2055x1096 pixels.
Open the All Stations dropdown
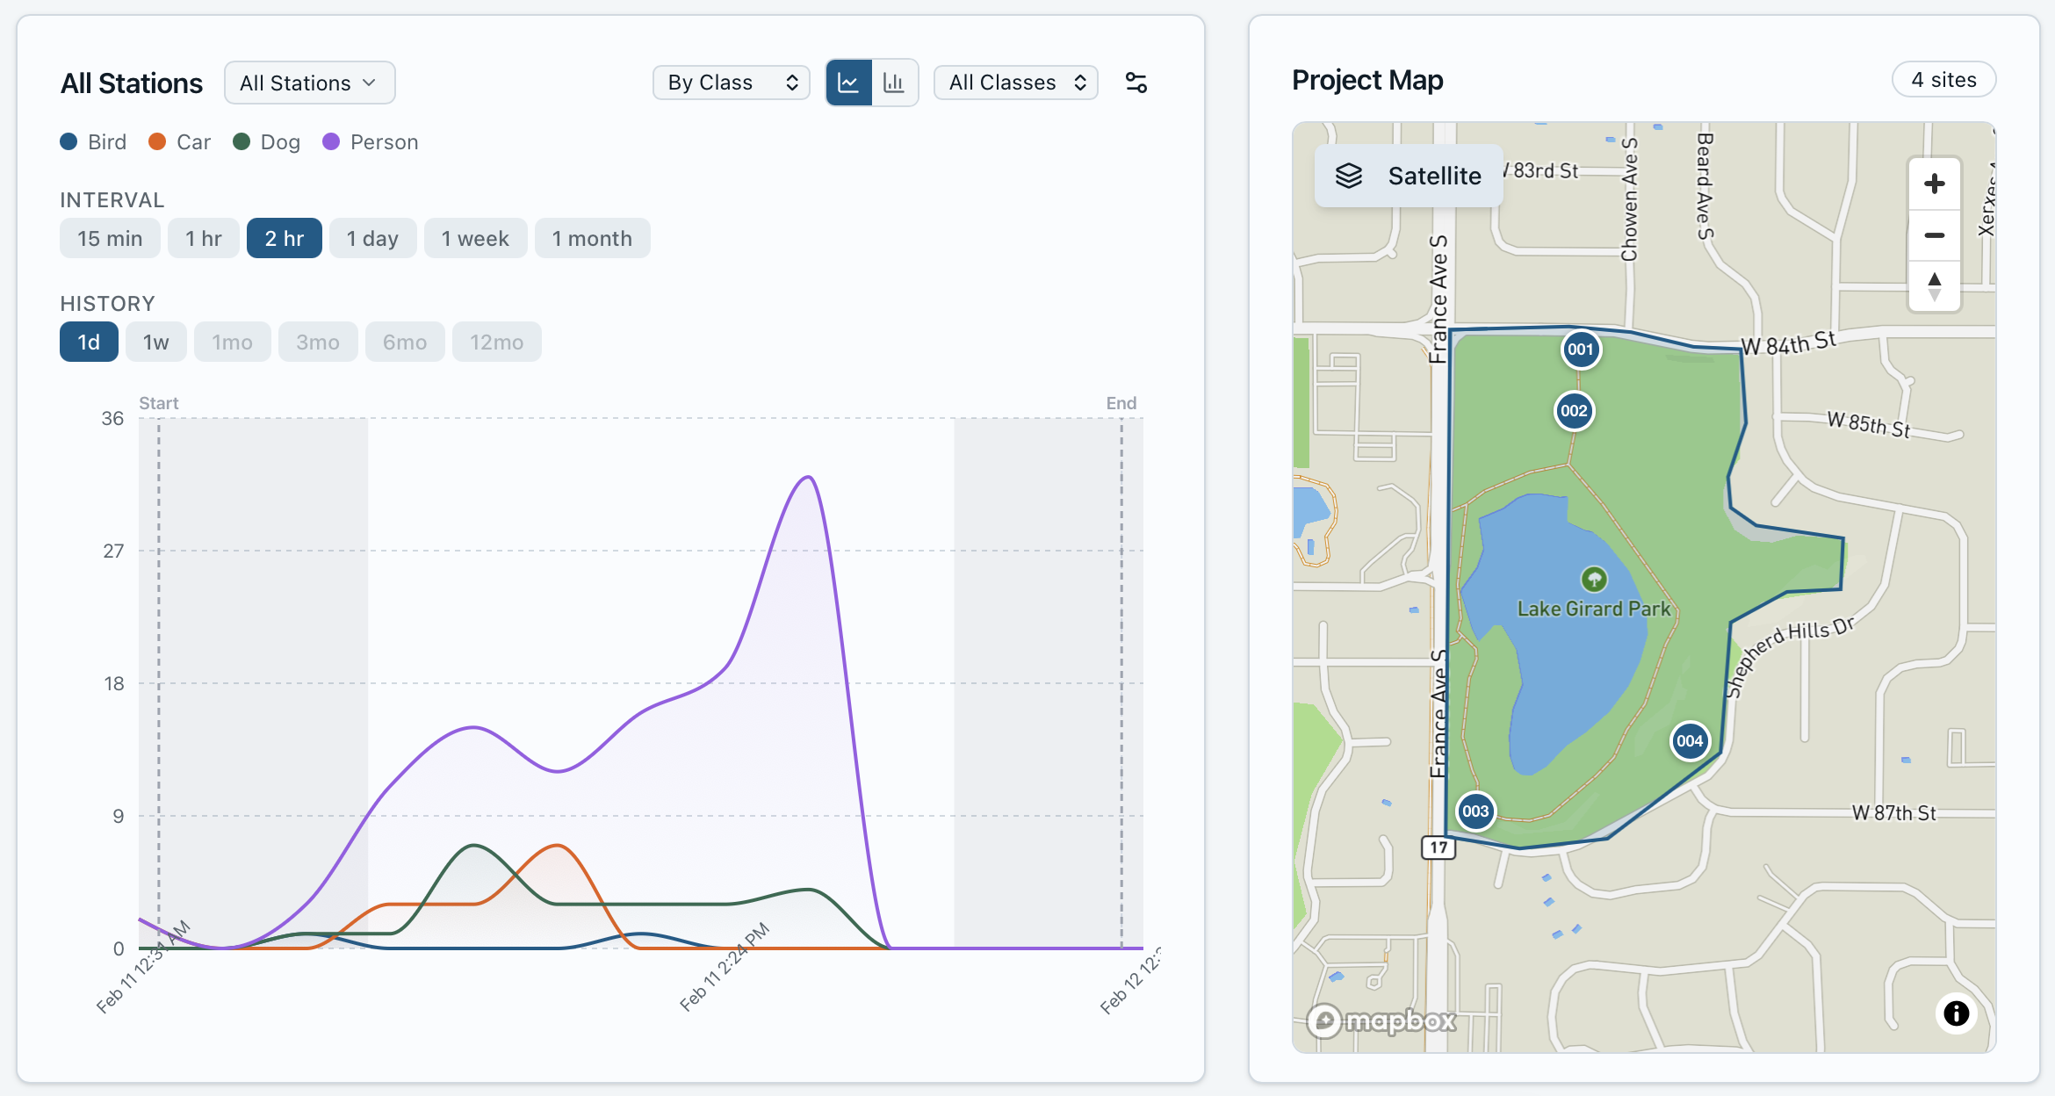tap(309, 83)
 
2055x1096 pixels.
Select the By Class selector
tap(731, 83)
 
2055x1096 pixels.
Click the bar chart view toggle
tap(894, 83)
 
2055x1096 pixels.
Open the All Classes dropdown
tap(1016, 83)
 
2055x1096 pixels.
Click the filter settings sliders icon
tap(1136, 83)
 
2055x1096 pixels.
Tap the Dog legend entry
tap(267, 142)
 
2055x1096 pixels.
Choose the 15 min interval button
tap(110, 239)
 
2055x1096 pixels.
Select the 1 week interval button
tap(475, 239)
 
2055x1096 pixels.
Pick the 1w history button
tap(155, 342)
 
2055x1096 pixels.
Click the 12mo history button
tap(496, 342)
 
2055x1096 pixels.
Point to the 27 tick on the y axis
tap(113, 552)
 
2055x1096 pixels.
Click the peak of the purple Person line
tap(808, 478)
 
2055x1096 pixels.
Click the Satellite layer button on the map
tap(1409, 176)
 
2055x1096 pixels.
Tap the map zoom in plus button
tap(1934, 184)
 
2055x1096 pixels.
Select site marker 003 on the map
tap(1475, 811)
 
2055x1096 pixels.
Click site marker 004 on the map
tap(1690, 740)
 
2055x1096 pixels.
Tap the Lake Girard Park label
tap(1594, 609)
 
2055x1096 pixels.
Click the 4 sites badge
tap(1943, 80)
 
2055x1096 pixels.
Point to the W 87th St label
tap(1893, 813)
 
